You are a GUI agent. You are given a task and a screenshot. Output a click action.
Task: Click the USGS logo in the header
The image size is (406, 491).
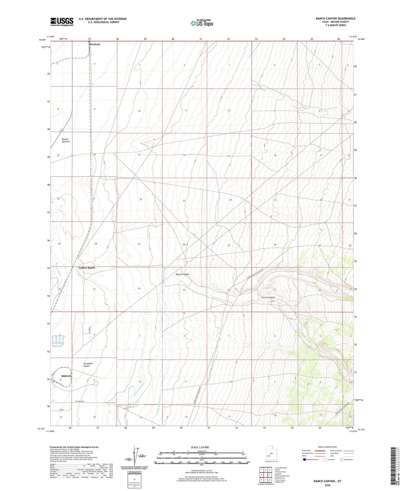(x=62, y=22)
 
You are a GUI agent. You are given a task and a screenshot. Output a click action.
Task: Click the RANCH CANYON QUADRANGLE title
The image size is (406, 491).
(x=335, y=19)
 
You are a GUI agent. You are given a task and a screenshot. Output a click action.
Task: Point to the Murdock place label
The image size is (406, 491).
(x=94, y=44)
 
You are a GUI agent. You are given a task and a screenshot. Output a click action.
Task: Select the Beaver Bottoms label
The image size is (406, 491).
(x=66, y=140)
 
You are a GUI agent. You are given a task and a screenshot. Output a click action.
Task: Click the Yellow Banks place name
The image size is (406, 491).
(x=87, y=268)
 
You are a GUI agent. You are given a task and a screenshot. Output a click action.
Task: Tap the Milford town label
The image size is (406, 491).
(x=66, y=376)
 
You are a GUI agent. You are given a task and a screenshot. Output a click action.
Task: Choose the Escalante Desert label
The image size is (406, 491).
(x=88, y=365)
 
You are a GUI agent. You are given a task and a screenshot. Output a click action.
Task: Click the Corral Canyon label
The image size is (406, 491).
(x=268, y=297)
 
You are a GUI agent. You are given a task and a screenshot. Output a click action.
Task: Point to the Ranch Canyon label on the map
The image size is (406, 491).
(x=182, y=274)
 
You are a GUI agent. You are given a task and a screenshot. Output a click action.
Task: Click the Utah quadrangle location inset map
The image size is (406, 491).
(x=271, y=454)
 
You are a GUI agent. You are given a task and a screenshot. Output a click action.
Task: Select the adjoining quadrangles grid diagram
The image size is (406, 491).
(x=266, y=475)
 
